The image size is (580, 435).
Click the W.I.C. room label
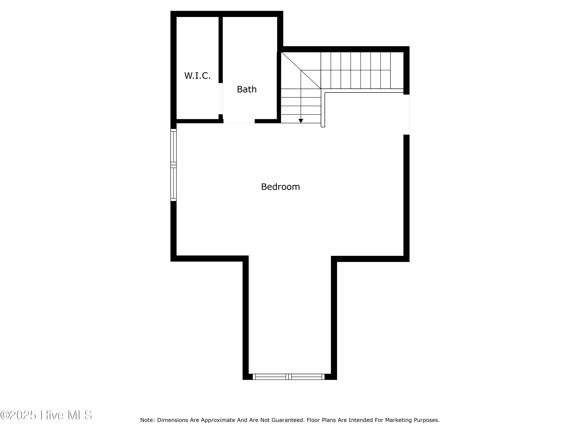pyautogui.click(x=197, y=76)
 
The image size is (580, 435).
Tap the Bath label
pyautogui.click(x=246, y=89)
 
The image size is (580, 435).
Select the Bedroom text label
pyautogui.click(x=280, y=187)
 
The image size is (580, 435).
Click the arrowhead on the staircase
pyautogui.click(x=301, y=121)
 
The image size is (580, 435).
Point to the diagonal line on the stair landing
pyautogui.click(x=301, y=70)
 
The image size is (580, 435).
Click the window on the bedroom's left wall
pyautogui.click(x=173, y=165)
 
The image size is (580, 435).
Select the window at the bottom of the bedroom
pyautogui.click(x=288, y=377)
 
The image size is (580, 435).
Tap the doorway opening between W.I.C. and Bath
pyautogui.click(x=221, y=99)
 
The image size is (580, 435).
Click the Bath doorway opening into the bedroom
pyautogui.click(x=239, y=121)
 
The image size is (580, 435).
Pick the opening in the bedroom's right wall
pyautogui.click(x=406, y=115)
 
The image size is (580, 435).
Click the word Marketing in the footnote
pyautogui.click(x=398, y=420)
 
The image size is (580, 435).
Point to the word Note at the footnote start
pyautogui.click(x=147, y=420)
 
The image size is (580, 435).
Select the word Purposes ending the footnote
pyautogui.click(x=426, y=420)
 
